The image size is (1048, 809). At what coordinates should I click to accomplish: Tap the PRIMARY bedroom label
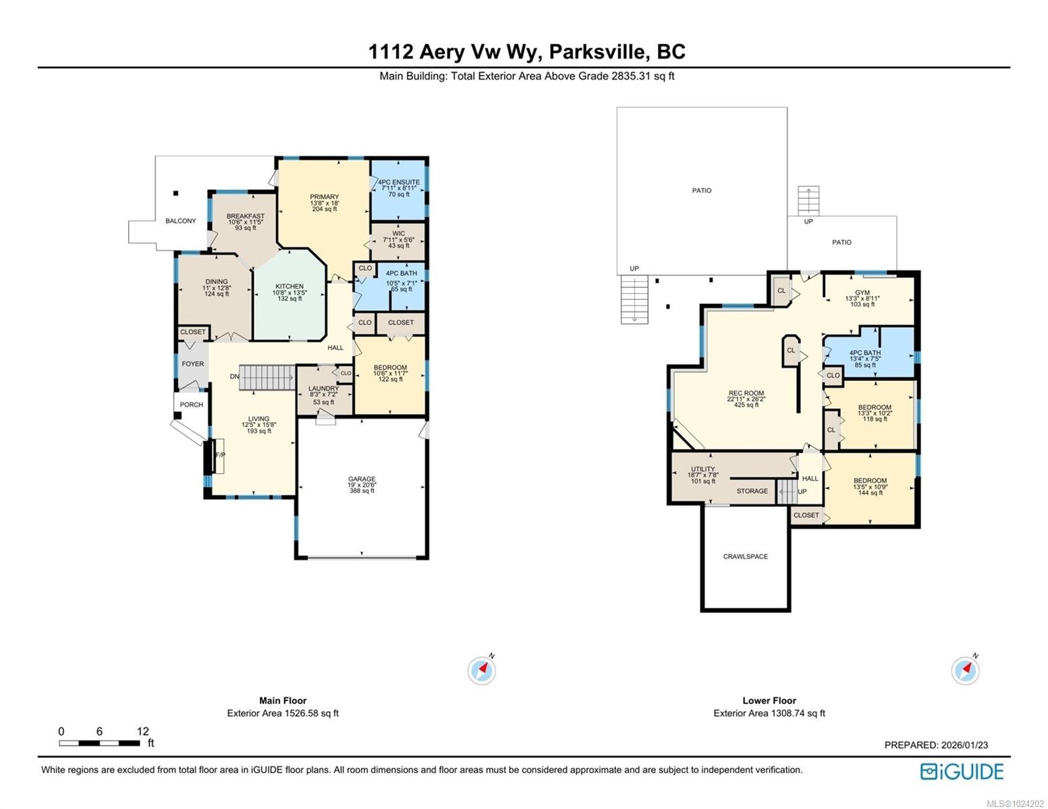324,197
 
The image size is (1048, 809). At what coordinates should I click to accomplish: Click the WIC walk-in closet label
398,233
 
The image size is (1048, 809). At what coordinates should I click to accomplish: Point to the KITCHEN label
289,286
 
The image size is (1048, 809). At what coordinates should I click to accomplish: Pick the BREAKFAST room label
245,216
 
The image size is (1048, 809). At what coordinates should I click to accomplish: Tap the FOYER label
192,364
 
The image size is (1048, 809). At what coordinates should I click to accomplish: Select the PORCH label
192,404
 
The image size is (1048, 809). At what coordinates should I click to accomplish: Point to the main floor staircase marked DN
267,377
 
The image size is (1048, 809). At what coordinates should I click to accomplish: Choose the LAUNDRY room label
323,388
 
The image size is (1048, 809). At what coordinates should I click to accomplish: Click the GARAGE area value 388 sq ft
362,491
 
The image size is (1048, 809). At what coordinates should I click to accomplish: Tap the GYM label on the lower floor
862,293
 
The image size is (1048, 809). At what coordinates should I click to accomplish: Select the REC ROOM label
746,393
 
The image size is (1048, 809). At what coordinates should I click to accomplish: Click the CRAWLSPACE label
745,556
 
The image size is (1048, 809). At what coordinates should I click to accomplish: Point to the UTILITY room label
702,469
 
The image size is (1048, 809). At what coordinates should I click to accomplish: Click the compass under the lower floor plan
965,670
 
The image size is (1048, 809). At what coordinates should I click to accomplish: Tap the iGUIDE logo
962,771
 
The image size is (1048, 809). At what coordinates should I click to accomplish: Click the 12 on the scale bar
142,731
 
